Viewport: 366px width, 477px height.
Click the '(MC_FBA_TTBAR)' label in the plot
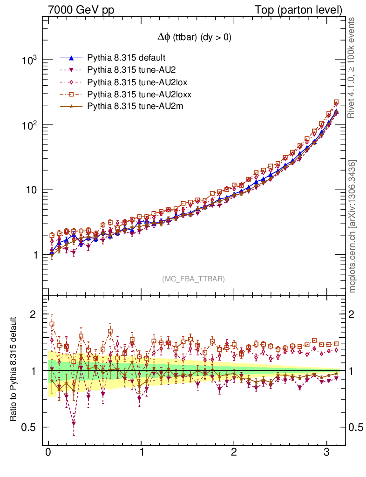(194, 279)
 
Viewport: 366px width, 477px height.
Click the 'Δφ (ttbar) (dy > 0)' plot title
(194, 38)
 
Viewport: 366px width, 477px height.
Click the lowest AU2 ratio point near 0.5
(74, 423)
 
